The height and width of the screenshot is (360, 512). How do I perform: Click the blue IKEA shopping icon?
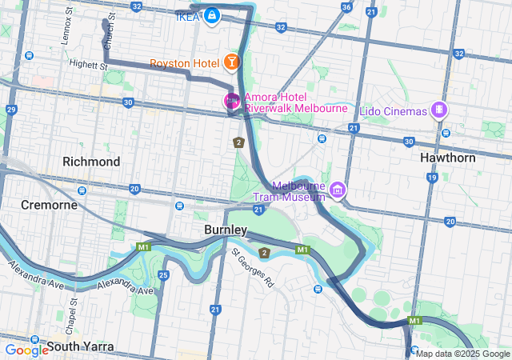(212, 16)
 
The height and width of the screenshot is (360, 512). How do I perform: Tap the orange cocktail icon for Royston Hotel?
(230, 62)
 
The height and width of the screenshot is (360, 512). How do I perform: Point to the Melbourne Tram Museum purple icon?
(338, 190)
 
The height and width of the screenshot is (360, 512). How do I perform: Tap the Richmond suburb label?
(91, 162)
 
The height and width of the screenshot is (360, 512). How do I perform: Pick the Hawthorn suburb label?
(448, 158)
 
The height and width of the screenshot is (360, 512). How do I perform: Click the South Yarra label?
(80, 346)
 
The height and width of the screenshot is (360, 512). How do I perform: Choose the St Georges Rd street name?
(254, 267)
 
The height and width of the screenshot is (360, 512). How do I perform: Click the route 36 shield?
(346, 7)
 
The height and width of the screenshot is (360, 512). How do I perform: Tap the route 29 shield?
(11, 110)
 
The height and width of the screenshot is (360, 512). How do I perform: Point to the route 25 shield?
(163, 275)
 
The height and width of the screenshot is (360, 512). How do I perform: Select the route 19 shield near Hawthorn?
(432, 178)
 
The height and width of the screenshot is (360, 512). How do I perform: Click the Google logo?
(26, 349)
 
